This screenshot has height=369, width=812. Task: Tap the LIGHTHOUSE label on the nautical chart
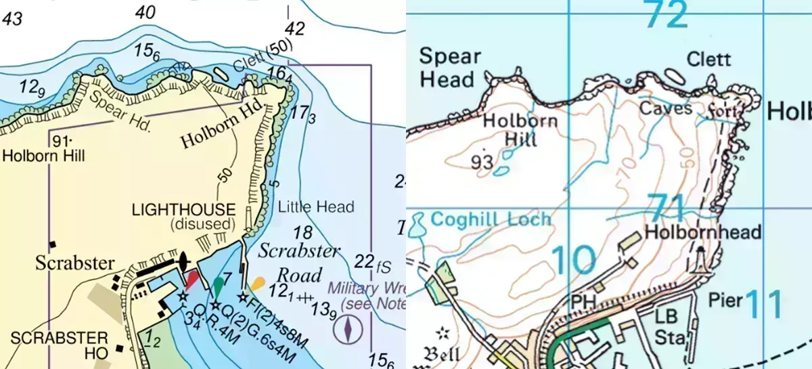coord(183,210)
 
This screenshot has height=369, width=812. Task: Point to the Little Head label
coord(316,207)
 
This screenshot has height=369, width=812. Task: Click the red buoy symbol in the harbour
coord(192,280)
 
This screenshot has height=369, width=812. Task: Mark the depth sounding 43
coord(12,19)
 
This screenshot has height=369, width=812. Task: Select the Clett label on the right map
coord(708,60)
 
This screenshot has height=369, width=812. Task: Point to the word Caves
coord(665,108)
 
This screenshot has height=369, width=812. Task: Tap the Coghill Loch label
coord(491,220)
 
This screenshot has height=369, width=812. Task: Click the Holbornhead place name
coord(703,232)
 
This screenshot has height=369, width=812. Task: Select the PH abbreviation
coord(584,299)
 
